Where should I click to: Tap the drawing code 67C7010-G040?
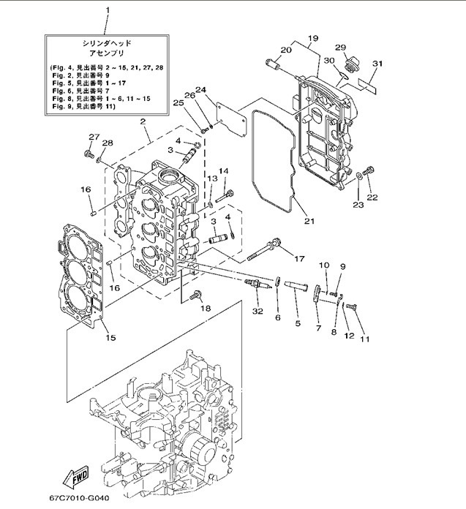click(78, 498)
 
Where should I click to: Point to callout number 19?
click(313, 38)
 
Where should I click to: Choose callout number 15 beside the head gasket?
click(110, 338)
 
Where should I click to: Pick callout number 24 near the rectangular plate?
click(202, 91)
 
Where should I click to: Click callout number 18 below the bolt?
click(206, 309)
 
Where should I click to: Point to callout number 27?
click(94, 137)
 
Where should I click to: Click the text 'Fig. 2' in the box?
click(64, 75)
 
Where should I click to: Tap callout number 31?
click(377, 64)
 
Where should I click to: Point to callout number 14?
click(224, 171)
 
